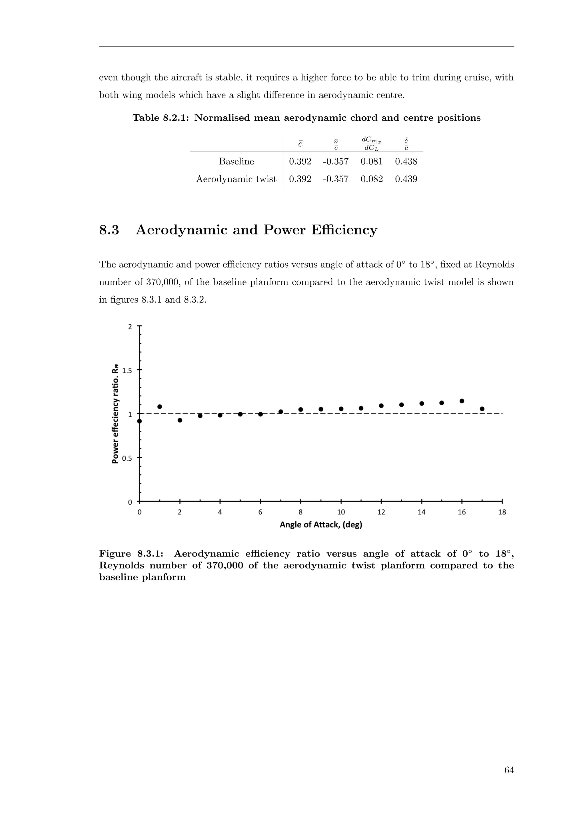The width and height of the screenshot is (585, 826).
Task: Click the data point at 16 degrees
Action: pyautogui.click(x=462, y=401)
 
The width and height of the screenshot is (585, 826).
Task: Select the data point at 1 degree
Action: pyautogui.click(x=160, y=406)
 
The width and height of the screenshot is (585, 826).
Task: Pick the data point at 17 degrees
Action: pyautogui.click(x=482, y=409)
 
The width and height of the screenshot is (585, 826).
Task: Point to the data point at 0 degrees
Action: pyautogui.click(x=140, y=421)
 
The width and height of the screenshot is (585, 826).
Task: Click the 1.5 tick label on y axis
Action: pyautogui.click(x=127, y=370)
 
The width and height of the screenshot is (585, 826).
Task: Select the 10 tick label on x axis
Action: pyautogui.click(x=341, y=512)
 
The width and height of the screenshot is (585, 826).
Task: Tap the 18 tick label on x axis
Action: pyautogui.click(x=502, y=512)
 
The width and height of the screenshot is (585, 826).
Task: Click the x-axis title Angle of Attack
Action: pyautogui.click(x=320, y=525)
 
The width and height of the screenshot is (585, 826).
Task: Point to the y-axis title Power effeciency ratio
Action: pyautogui.click(x=115, y=414)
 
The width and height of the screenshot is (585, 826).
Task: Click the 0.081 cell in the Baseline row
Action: pyautogui.click(x=371, y=161)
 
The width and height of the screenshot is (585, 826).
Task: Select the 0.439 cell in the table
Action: pyautogui.click(x=406, y=179)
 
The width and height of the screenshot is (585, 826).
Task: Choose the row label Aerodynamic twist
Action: pyautogui.click(x=236, y=179)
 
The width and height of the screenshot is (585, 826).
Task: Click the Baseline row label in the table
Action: pyautogui.click(x=236, y=161)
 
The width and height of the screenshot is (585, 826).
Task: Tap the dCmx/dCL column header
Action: pyautogui.click(x=371, y=143)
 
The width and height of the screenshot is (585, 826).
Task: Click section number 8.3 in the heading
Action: pyautogui.click(x=109, y=230)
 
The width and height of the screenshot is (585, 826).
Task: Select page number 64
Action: pyautogui.click(x=509, y=770)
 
